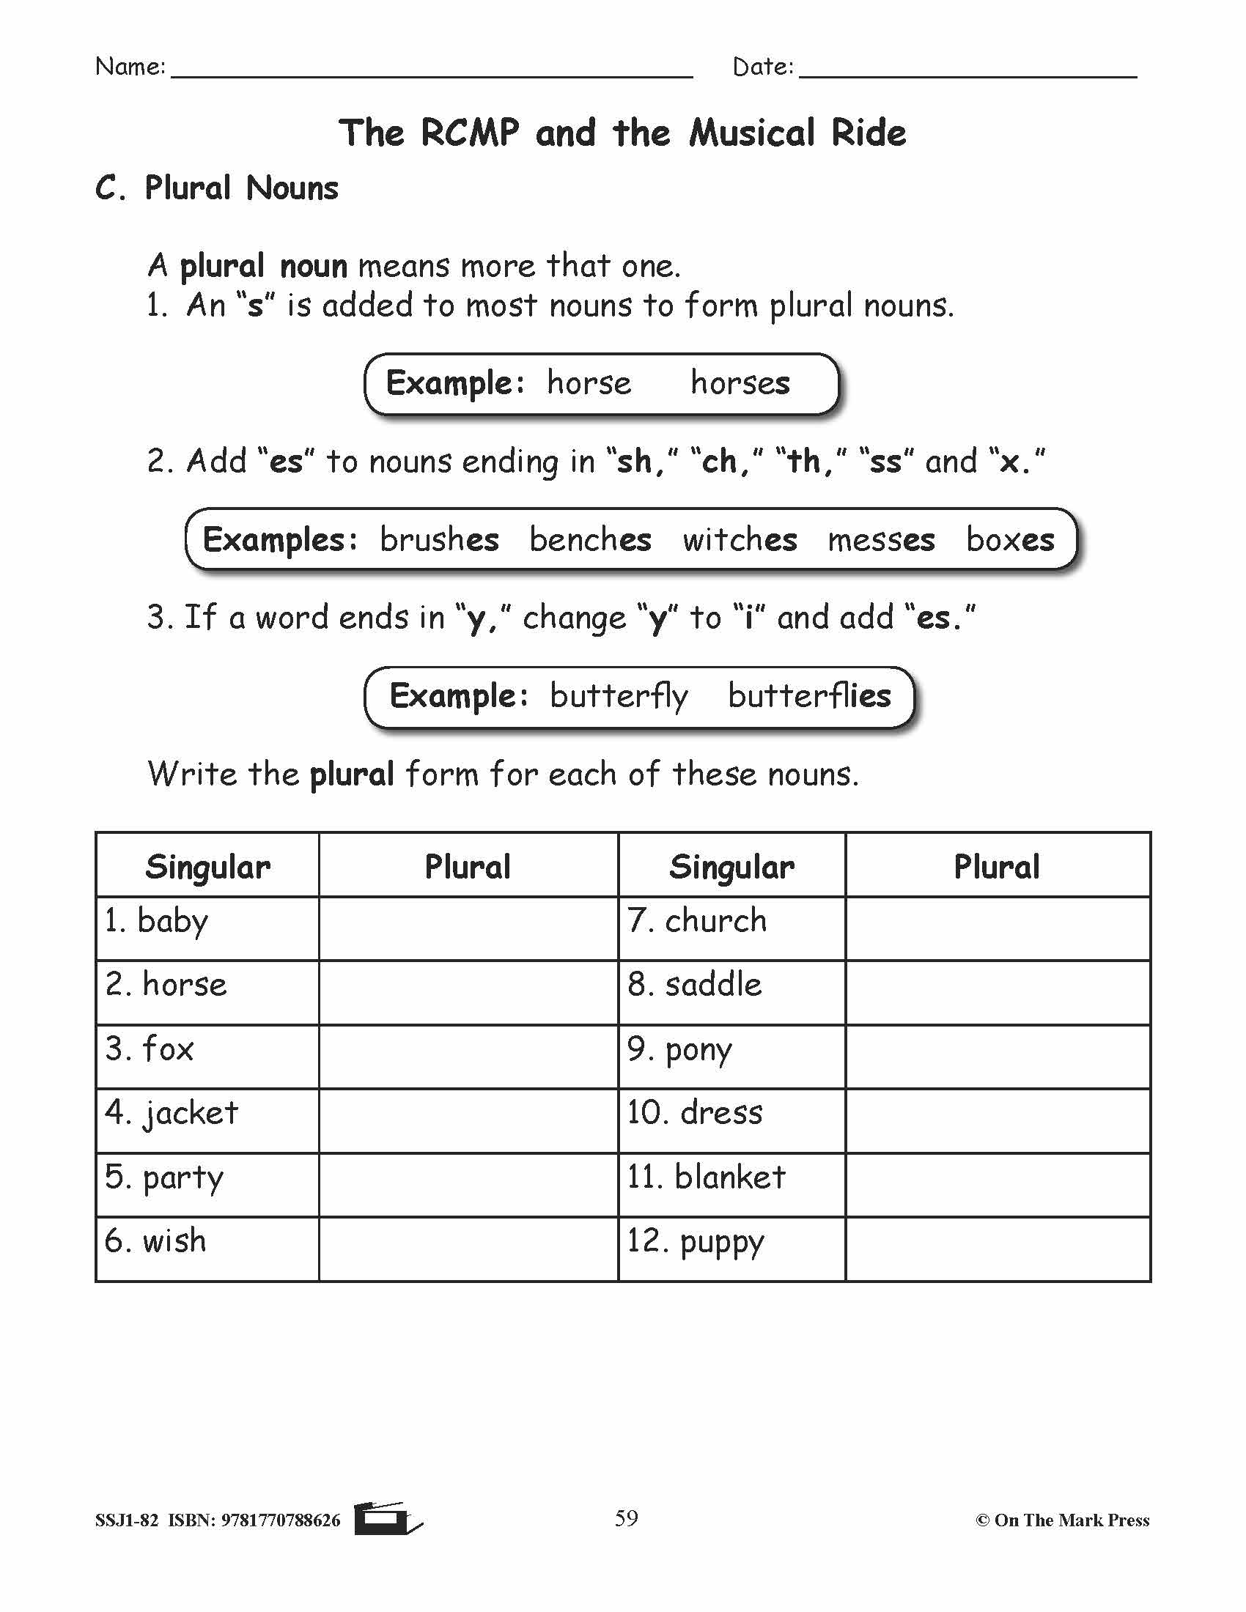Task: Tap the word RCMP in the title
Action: [470, 133]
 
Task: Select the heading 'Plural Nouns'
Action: [241, 188]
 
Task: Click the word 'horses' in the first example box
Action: [740, 383]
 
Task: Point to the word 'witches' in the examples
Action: [740, 539]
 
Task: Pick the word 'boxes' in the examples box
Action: [1010, 539]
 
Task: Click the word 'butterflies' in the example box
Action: [809, 696]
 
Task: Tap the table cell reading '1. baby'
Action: [207, 928]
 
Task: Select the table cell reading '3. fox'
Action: [207, 1056]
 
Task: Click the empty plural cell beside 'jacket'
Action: [468, 1120]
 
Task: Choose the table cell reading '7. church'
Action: [731, 928]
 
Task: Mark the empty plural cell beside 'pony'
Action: [998, 1056]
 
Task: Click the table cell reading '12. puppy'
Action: [731, 1249]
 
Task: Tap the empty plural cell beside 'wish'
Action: [468, 1249]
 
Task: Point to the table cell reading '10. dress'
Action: [731, 1120]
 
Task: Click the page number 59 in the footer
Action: [626, 1518]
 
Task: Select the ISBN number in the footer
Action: [281, 1520]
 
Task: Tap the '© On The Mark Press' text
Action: [1062, 1520]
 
